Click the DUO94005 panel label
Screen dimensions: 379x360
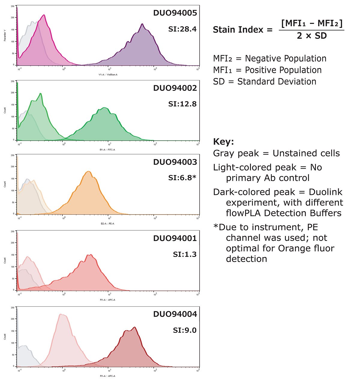(175, 13)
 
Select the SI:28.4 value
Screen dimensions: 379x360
(182, 29)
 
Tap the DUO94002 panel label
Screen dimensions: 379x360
(175, 88)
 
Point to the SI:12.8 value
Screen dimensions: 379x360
(182, 104)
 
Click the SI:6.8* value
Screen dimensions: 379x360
(182, 178)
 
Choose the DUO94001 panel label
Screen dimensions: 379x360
(175, 238)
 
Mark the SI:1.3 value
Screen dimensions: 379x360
(184, 255)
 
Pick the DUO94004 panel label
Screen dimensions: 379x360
(175, 314)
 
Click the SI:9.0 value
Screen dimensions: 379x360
(184, 330)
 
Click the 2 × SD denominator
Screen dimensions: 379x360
(312, 36)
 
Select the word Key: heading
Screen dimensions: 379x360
(223, 142)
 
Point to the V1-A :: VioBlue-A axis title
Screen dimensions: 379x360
(108, 74)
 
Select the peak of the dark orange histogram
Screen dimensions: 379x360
(89, 172)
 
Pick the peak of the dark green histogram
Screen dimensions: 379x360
(104, 108)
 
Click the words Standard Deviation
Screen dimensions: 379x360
(277, 82)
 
